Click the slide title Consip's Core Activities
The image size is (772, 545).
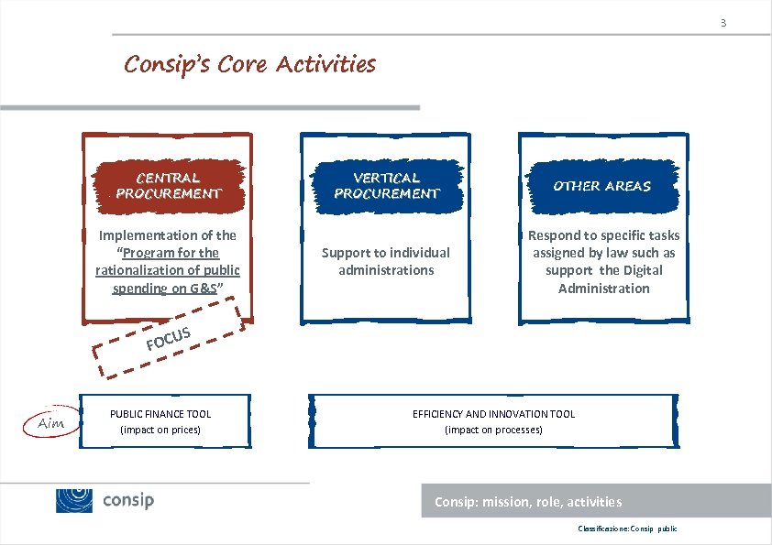point(249,64)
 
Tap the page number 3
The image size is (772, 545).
point(722,22)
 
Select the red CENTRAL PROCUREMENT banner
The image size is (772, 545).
point(168,186)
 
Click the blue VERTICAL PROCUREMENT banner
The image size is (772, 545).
point(386,186)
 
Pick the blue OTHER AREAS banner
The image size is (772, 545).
point(601,186)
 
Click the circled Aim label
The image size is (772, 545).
point(50,424)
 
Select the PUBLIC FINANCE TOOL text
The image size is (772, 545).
point(160,414)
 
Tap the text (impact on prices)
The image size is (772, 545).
point(160,430)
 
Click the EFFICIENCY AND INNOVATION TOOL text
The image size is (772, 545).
point(493,414)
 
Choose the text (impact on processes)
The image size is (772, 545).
point(493,430)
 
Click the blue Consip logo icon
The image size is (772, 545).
point(74,500)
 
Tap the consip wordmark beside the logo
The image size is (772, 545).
point(128,500)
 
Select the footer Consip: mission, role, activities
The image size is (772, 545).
point(527,502)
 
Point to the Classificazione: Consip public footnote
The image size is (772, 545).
point(627,529)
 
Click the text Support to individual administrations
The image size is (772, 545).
point(386,261)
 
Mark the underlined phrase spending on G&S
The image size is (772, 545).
point(165,289)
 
